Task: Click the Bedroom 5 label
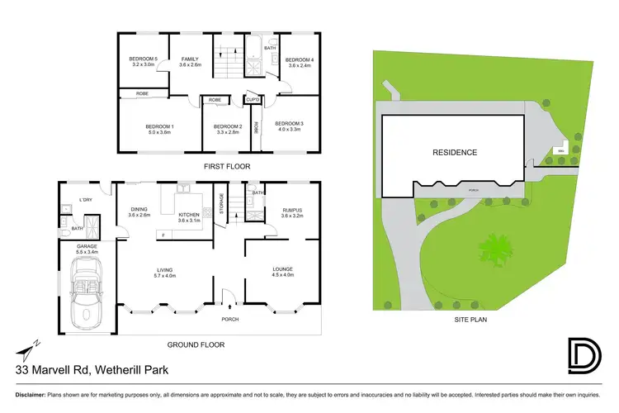(144, 59)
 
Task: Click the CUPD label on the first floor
(253, 100)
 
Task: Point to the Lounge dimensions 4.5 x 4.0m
(283, 275)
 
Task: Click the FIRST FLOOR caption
(226, 166)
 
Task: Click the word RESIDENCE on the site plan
(455, 152)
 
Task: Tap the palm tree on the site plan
(496, 248)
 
